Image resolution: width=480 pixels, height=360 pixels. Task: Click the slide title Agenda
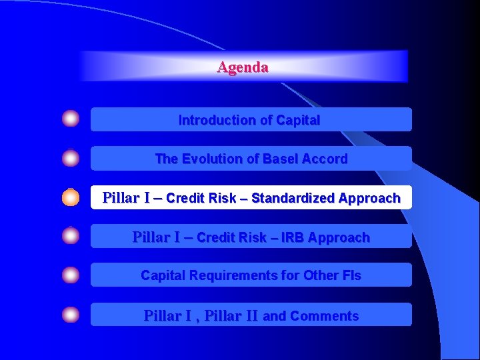click(x=243, y=67)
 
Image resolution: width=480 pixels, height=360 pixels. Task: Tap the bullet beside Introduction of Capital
click(x=71, y=119)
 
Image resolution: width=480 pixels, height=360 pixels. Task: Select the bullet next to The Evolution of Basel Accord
click(x=71, y=159)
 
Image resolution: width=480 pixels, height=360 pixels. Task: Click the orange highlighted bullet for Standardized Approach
click(x=71, y=197)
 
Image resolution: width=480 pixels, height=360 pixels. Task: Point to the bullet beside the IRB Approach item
click(x=71, y=236)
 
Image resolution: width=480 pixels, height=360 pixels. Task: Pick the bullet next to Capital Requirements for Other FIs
click(x=71, y=275)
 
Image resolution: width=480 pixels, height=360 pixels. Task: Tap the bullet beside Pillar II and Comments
click(x=71, y=315)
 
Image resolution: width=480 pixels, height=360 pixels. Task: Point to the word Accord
click(x=325, y=159)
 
